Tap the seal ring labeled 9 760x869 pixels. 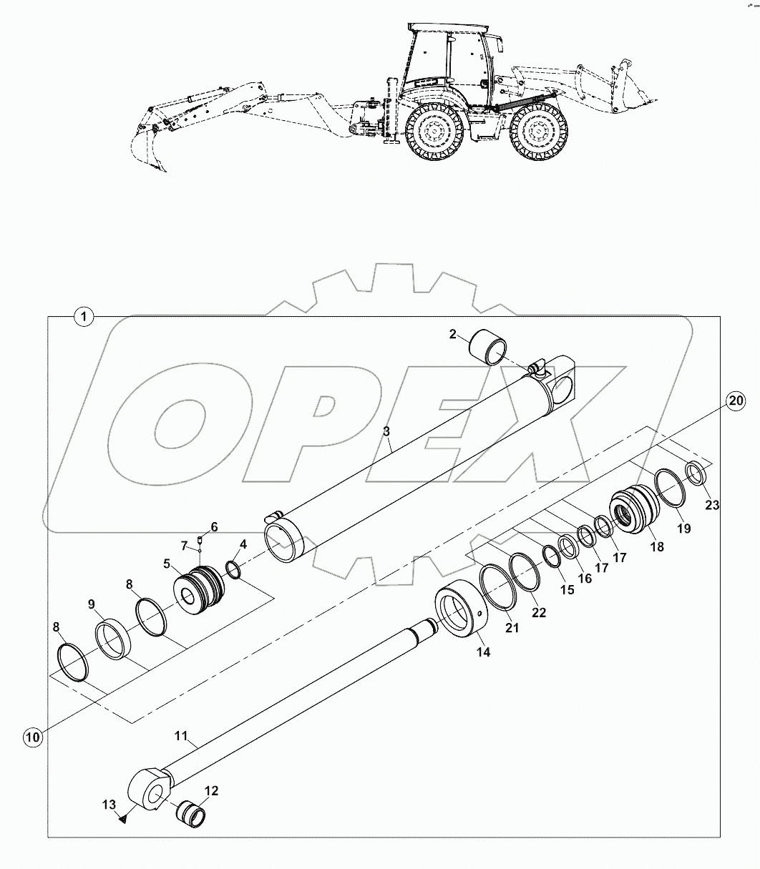click(112, 639)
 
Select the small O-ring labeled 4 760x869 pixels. click(233, 569)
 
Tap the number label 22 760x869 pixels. click(539, 612)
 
